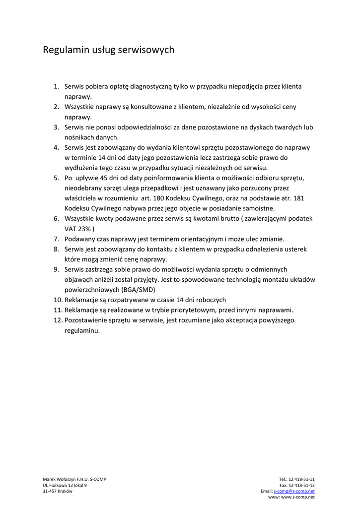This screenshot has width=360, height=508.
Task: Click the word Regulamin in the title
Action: [x=62, y=50]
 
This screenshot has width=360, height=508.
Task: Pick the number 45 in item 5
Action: [x=103, y=178]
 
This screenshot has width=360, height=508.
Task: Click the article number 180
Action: [x=159, y=198]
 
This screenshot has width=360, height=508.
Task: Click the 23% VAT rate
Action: [x=84, y=229]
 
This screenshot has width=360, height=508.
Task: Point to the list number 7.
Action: [x=56, y=239]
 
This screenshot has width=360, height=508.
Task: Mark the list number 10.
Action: [x=58, y=300]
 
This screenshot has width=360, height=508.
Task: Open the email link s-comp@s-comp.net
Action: [x=294, y=491]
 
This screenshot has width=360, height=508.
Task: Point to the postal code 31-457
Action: [x=50, y=491]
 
